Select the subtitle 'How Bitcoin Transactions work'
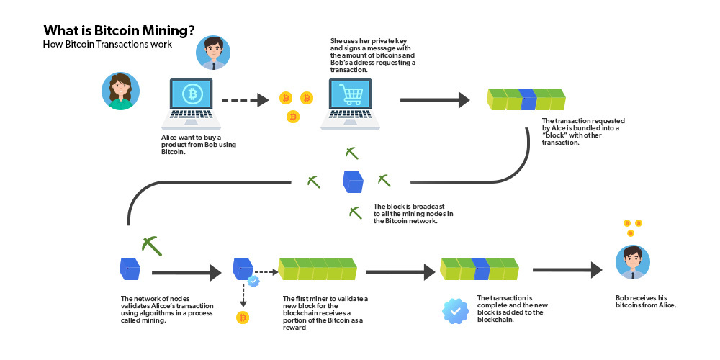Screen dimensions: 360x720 click(x=107, y=45)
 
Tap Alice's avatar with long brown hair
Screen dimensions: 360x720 click(x=120, y=91)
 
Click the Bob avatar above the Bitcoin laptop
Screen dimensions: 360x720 click(x=213, y=53)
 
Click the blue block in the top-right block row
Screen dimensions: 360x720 click(x=528, y=99)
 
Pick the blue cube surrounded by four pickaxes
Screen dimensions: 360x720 click(x=353, y=181)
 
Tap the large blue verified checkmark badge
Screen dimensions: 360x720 click(x=455, y=310)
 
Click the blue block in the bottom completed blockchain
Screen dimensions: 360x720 click(x=481, y=269)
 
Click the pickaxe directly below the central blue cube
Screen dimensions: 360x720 click(x=354, y=212)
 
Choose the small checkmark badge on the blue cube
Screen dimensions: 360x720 click(x=253, y=282)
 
